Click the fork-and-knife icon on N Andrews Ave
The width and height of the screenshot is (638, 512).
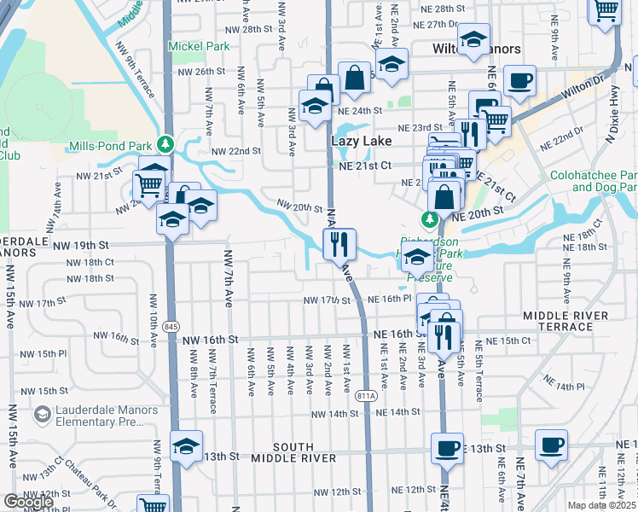coord(339,245)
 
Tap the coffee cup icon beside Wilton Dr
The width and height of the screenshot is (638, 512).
coord(519,82)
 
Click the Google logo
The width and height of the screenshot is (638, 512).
coord(28,502)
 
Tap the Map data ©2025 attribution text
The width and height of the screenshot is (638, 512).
coord(602,505)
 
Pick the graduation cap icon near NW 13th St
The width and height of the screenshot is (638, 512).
coord(186,447)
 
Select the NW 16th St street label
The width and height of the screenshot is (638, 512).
coord(211,340)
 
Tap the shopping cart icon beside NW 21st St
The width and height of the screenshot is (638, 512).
coord(149,184)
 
